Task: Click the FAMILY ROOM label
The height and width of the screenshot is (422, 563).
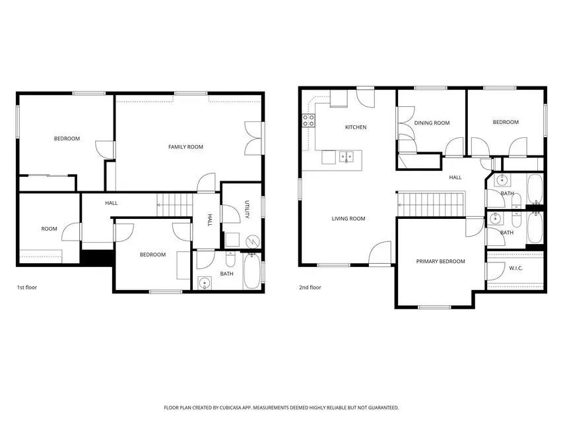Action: click(185, 147)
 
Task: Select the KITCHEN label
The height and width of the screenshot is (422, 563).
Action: click(355, 127)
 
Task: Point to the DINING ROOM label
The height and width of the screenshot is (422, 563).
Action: click(432, 123)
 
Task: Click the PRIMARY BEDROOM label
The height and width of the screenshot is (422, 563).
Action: click(440, 262)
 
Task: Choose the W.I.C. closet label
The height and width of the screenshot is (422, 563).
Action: click(515, 268)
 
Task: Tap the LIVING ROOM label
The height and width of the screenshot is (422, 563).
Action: click(348, 219)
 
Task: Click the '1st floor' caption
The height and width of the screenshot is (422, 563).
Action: click(26, 287)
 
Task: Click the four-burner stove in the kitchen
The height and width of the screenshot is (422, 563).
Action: click(308, 121)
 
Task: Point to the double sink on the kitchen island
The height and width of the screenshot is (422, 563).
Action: click(347, 157)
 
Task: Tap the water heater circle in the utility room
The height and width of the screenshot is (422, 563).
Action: click(251, 242)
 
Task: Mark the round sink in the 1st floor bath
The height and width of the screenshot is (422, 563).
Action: click(205, 284)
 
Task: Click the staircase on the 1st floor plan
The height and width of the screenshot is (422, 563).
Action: click(173, 204)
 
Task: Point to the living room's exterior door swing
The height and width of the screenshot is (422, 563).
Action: click(379, 255)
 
